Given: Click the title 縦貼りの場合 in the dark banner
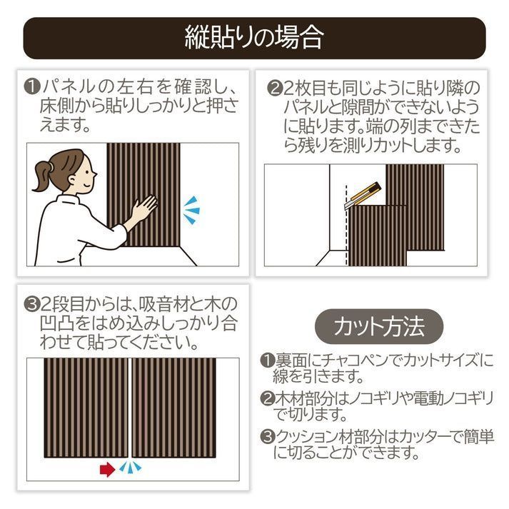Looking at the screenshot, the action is [x=254, y=38].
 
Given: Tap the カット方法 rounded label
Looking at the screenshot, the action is [x=379, y=326].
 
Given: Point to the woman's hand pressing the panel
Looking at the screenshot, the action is [x=144, y=206].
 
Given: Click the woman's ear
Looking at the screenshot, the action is [x=71, y=179].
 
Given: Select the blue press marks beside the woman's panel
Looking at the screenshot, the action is [x=192, y=210].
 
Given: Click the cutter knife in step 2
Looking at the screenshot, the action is [x=362, y=196].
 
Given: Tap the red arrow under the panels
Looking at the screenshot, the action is [x=108, y=470].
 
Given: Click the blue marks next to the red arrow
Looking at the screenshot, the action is [x=131, y=468].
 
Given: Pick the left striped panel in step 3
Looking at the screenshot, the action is [x=86, y=408].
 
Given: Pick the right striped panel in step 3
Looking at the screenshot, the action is [x=174, y=408].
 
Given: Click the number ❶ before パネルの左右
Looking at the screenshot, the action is [x=32, y=86].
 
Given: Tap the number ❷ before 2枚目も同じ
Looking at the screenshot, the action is [x=275, y=88].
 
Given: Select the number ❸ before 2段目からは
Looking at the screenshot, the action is [x=32, y=305].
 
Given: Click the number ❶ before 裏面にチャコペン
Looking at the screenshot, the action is [x=268, y=361].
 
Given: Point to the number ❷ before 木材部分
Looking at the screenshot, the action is [x=268, y=398].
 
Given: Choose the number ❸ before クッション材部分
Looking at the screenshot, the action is [x=268, y=437].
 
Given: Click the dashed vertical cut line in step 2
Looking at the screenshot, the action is [x=346, y=226].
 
